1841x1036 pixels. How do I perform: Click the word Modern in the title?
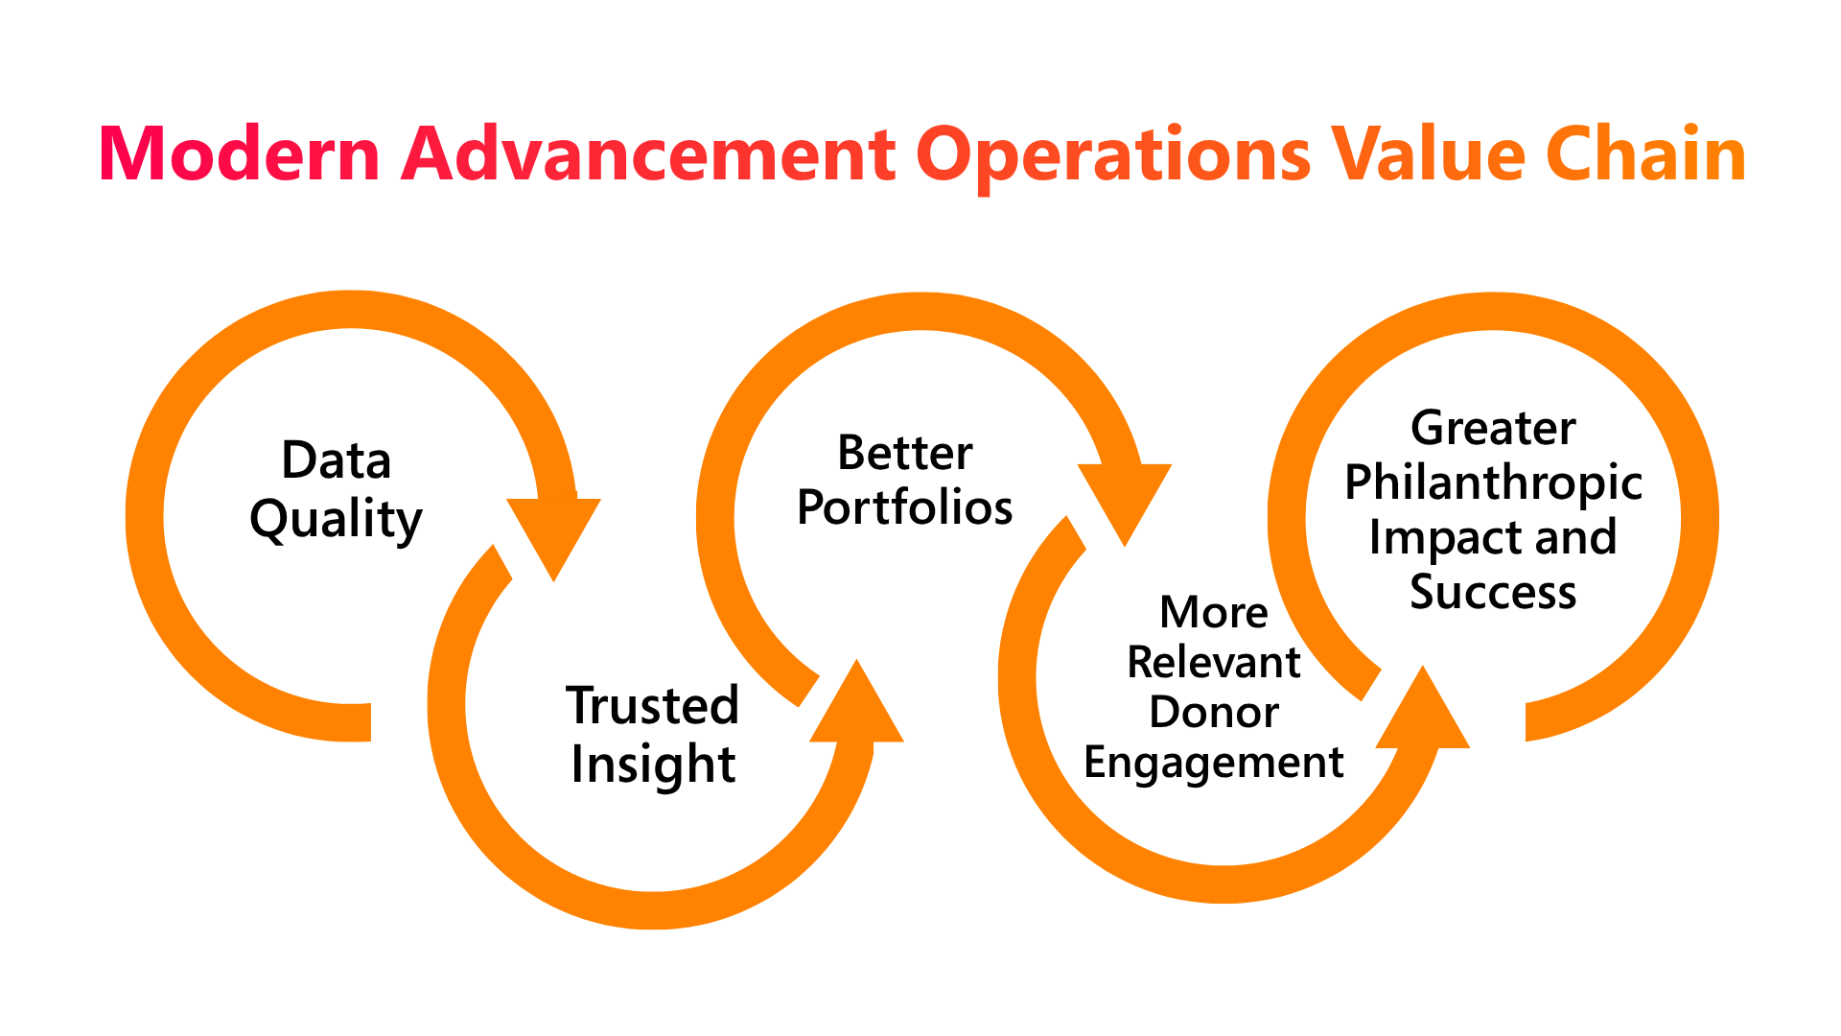tap(241, 153)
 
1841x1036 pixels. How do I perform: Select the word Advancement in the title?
tap(648, 153)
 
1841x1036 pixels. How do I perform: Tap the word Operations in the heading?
tap(1113, 159)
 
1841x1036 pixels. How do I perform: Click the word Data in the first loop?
tap(336, 459)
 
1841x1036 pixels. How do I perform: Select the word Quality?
tap(336, 521)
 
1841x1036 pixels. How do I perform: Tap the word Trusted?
tap(652, 705)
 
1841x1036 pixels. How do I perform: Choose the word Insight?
tap(653, 765)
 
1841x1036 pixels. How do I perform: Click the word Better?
tap(905, 453)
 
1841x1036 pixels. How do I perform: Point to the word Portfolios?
tap(905, 506)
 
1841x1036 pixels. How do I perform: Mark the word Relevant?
tap(1214, 662)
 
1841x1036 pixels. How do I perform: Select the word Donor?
tap(1214, 712)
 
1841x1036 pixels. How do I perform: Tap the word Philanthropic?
tap(1493, 483)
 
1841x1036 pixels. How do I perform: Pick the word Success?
tap(1493, 592)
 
